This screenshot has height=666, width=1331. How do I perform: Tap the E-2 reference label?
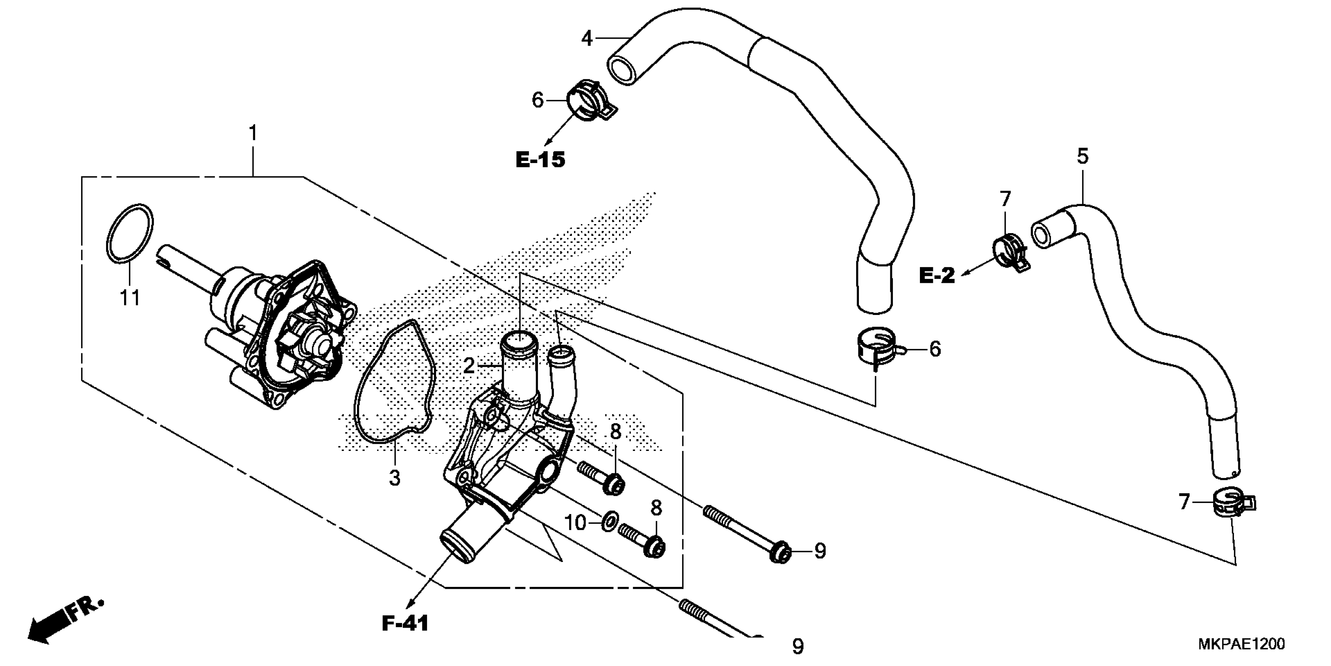tap(937, 275)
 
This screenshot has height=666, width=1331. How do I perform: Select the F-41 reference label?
tap(405, 624)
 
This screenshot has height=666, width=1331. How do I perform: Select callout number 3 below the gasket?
tap(395, 478)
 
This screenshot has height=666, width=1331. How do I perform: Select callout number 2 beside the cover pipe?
tap(469, 366)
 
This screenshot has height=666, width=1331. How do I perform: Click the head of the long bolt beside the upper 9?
tap(780, 553)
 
